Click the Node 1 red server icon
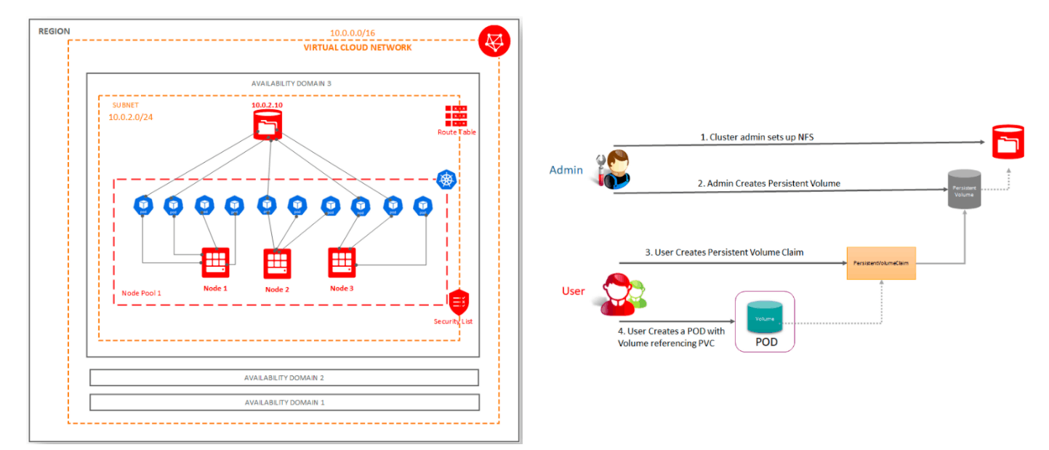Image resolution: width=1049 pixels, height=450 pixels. coord(215,262)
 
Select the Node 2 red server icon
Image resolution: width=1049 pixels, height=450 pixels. coord(277,264)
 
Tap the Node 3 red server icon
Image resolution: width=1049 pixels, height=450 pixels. coord(342,262)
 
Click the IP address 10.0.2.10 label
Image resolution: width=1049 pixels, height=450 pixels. coord(267,105)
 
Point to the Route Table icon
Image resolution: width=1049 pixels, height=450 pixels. coord(456,116)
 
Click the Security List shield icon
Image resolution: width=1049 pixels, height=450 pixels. coord(459,301)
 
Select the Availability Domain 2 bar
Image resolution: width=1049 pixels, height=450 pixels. coord(284,378)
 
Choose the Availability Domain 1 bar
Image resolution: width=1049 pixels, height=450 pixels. coord(284,402)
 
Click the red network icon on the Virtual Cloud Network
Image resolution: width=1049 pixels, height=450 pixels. coord(494,41)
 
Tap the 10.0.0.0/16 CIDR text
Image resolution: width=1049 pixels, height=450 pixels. coord(353,33)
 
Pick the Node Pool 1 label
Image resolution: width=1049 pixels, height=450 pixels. coord(141,293)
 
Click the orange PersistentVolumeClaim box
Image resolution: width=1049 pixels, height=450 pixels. coord(881,262)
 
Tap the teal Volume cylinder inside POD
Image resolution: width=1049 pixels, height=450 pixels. coord(765,318)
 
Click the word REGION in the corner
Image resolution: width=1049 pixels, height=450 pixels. coord(55,32)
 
